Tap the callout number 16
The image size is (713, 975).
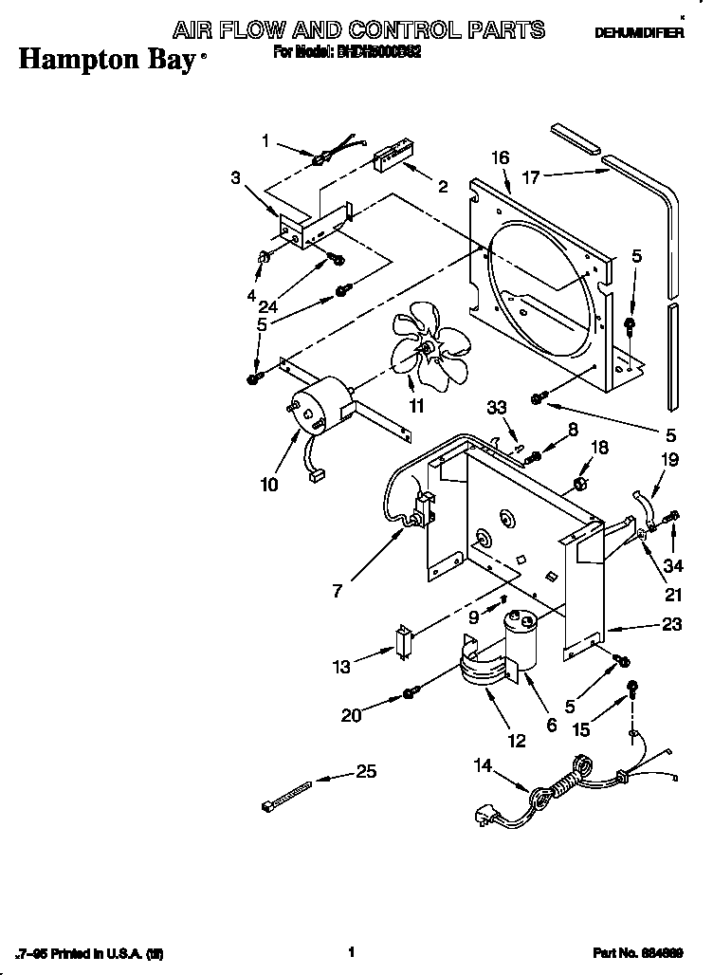[501, 157]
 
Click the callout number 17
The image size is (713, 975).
[531, 176]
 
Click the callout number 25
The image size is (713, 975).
[365, 772]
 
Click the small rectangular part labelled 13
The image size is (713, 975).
[402, 639]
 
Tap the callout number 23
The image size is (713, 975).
[645, 626]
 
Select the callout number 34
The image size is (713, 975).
[674, 567]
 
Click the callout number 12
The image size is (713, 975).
[516, 741]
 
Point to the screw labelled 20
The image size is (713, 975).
[411, 693]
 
